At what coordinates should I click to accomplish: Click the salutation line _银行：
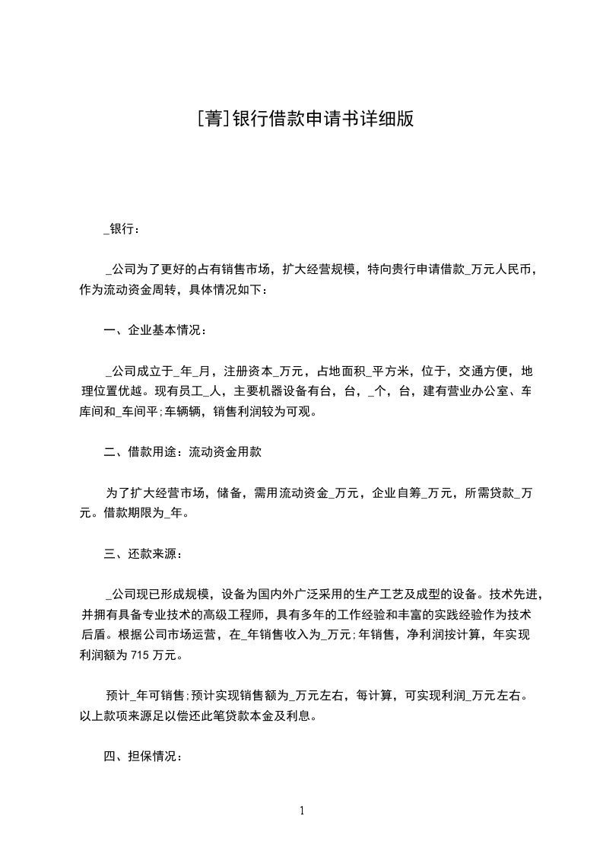click(122, 228)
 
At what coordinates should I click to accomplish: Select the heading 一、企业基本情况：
click(154, 330)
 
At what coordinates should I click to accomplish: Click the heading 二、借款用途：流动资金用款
click(182, 452)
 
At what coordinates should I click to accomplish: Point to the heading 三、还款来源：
click(142, 553)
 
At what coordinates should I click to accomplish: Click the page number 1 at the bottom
click(302, 811)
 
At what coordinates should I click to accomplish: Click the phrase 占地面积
click(341, 371)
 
